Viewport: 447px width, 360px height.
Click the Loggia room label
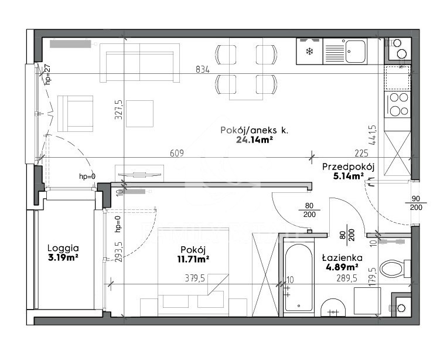pos(63,249)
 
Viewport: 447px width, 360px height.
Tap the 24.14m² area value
pos(253,140)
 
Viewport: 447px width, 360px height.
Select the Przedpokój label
pos(349,167)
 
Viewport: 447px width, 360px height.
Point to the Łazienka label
pos(342,258)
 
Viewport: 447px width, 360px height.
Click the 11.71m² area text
pos(193,259)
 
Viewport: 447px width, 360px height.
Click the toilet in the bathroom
pos(395,269)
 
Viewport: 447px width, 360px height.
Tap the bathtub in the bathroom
pos(298,277)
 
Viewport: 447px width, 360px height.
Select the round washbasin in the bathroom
pos(333,308)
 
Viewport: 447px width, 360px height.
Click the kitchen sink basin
pos(355,52)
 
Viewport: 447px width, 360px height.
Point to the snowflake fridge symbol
pos(309,52)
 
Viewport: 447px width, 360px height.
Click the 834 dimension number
pos(203,69)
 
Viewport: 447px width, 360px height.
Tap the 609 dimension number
pos(177,153)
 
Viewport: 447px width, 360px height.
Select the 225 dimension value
pos(361,154)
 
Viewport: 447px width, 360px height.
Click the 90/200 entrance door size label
pos(416,203)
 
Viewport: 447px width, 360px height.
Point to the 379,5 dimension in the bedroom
pos(195,278)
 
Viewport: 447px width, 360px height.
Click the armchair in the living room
pos(76,114)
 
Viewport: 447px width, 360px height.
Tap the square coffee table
pos(139,114)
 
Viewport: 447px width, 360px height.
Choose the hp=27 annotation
pos(47,74)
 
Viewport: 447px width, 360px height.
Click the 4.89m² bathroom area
pos(342,267)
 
